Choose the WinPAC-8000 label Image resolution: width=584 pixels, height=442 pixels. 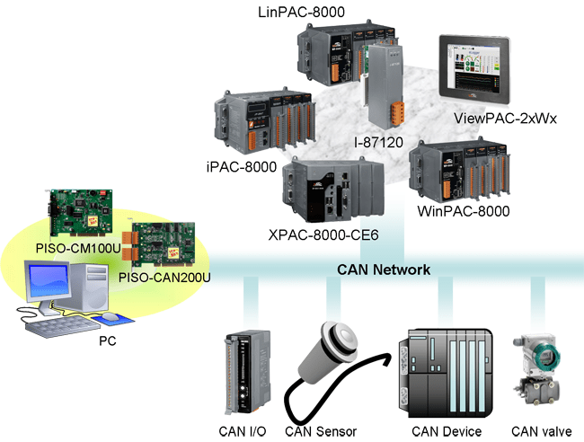[464, 212]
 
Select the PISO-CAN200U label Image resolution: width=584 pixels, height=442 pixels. [164, 278]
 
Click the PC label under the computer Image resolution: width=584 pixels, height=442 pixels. [106, 341]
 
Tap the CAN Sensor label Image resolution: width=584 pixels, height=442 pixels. [320, 431]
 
